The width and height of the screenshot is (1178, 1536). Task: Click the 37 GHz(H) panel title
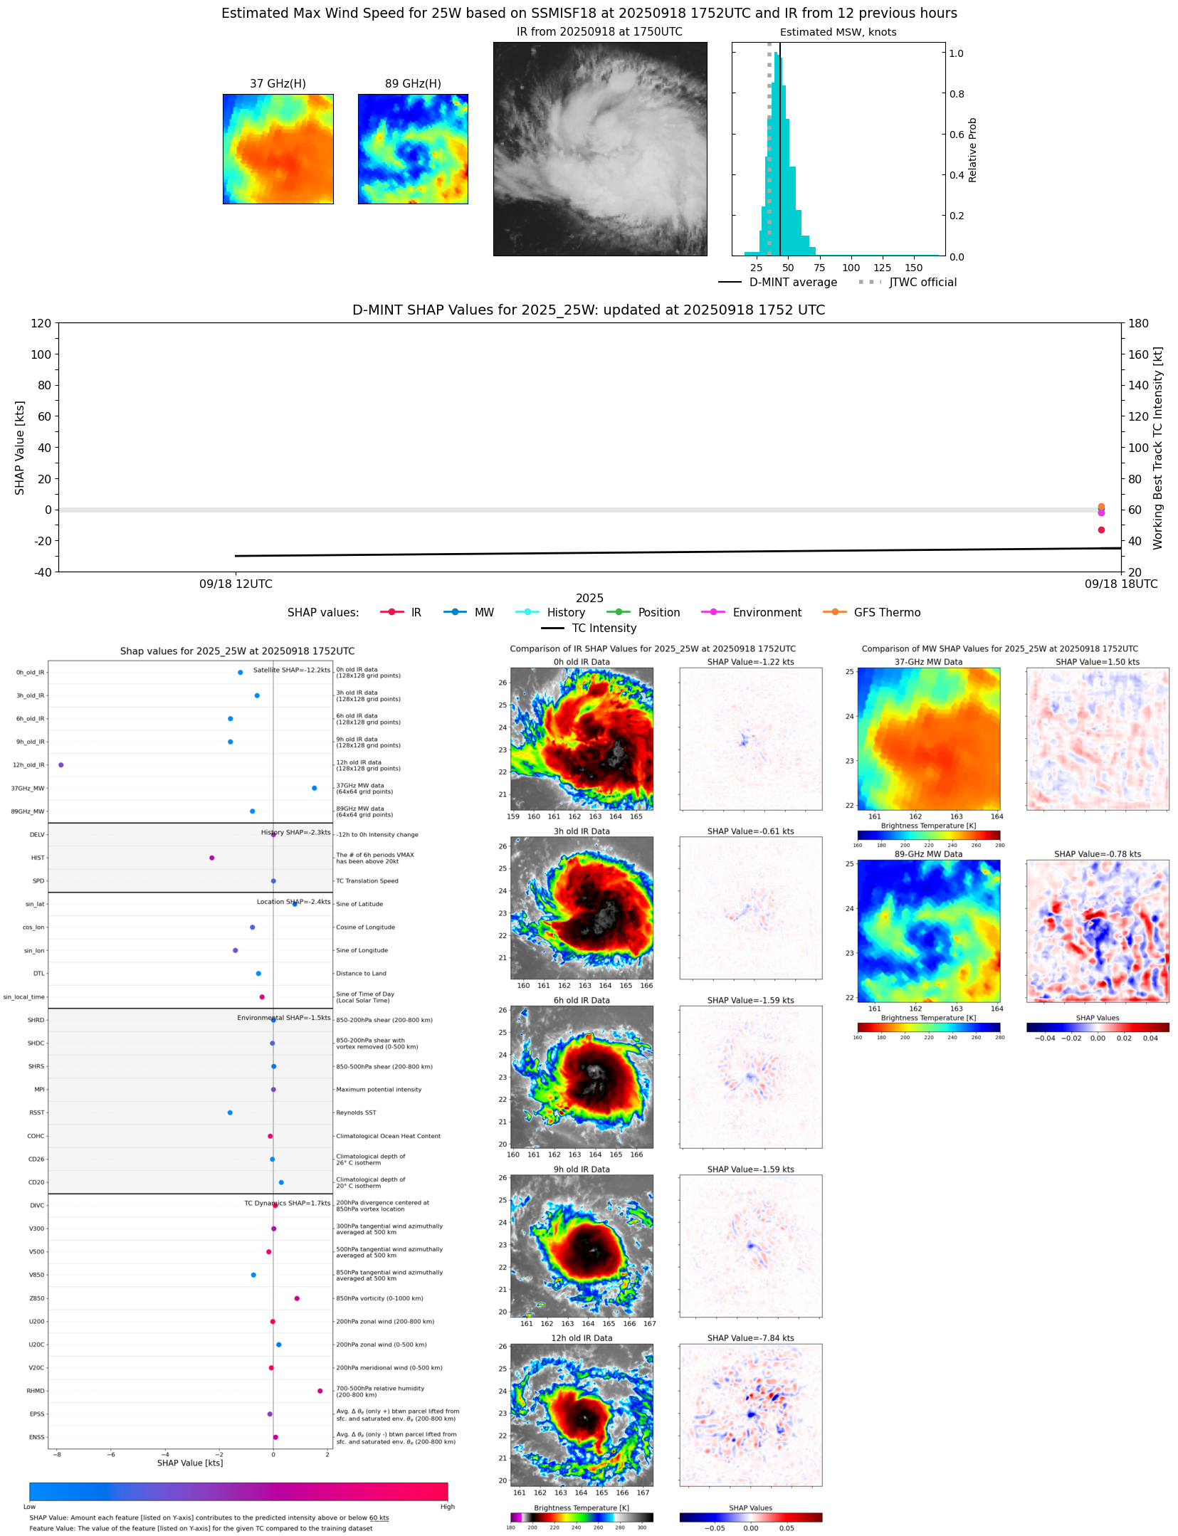(x=278, y=84)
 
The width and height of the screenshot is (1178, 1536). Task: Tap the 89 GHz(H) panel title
(x=413, y=84)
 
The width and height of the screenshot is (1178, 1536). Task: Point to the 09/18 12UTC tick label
(x=236, y=584)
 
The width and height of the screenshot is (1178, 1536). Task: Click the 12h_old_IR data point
(x=61, y=765)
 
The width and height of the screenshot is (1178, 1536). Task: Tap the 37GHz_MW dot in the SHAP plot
(x=315, y=788)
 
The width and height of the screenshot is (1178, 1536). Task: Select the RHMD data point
(x=320, y=1391)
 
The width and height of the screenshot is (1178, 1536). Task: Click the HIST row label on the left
(x=38, y=858)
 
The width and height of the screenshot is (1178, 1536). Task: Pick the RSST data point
(x=230, y=1112)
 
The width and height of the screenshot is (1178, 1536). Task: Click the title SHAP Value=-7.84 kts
(x=750, y=1338)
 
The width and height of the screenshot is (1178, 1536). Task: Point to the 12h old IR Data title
(x=582, y=1338)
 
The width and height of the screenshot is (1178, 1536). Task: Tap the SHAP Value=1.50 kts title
(x=1097, y=662)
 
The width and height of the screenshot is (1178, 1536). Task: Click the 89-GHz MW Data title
(x=928, y=854)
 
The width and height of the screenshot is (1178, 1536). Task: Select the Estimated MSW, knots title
(x=838, y=32)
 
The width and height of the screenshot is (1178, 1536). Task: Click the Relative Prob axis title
(x=972, y=149)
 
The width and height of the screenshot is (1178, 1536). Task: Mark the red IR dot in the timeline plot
(x=1101, y=530)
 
